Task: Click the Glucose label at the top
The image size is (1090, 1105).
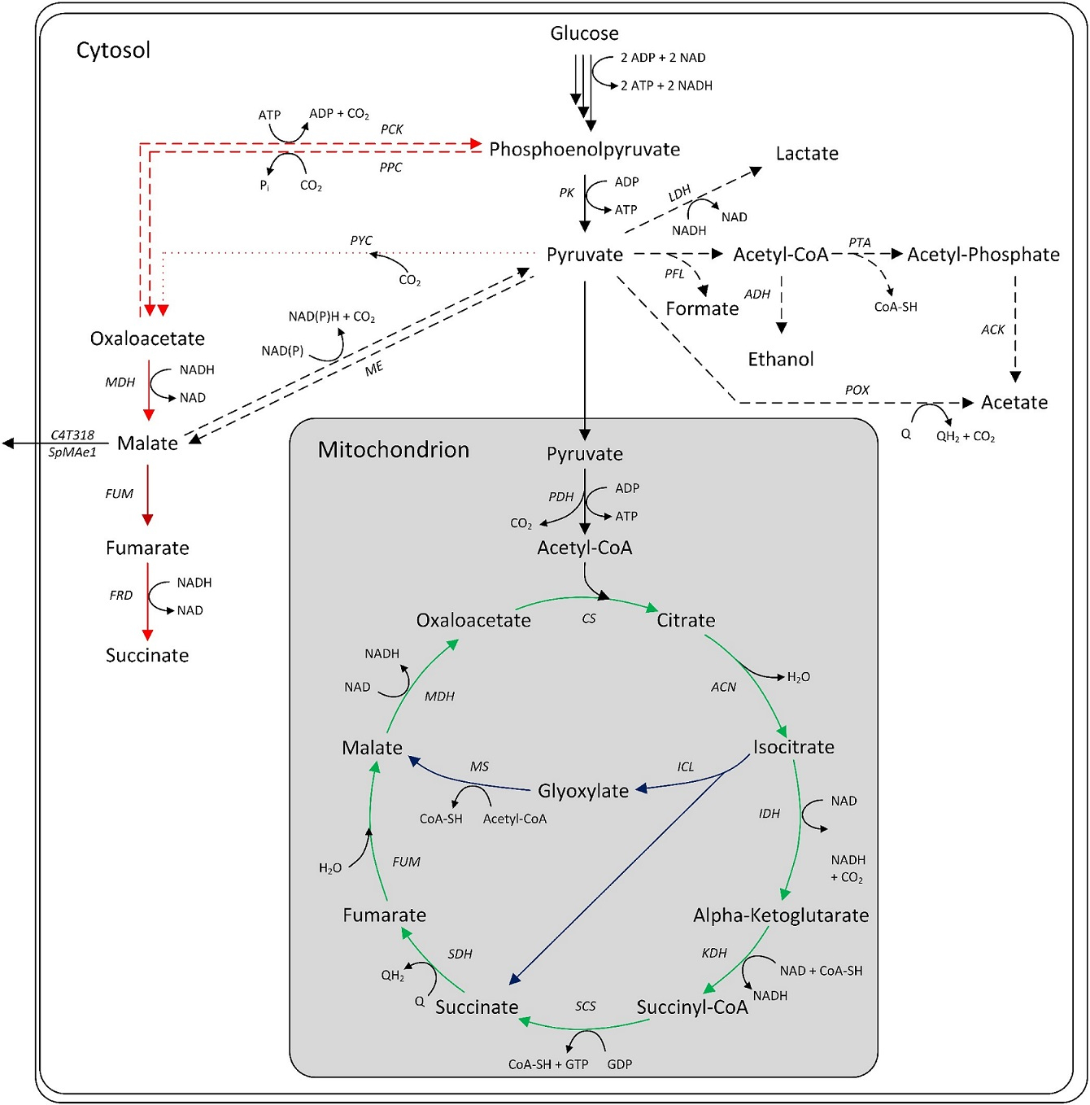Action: point(584,33)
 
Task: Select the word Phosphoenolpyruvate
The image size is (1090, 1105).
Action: point(584,150)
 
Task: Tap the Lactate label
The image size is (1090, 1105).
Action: point(806,154)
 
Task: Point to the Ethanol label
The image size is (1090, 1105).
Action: point(780,360)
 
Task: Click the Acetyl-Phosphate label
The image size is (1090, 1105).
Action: point(983,255)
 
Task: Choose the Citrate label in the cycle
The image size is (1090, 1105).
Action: point(686,620)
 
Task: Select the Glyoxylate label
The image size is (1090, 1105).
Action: point(582,791)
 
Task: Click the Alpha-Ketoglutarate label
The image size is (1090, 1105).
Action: point(780,915)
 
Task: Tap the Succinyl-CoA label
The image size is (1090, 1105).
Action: point(691,1007)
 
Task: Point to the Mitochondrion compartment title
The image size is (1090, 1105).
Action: point(393,450)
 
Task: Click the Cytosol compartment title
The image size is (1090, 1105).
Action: point(113,50)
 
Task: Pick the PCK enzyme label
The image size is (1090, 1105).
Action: point(391,129)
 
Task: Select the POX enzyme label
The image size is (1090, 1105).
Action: point(857,390)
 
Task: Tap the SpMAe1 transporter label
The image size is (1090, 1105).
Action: point(72,452)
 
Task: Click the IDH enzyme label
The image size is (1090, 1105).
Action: point(769,814)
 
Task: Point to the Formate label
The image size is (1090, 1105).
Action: point(702,309)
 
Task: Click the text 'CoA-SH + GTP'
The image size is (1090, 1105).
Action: point(547,1064)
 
